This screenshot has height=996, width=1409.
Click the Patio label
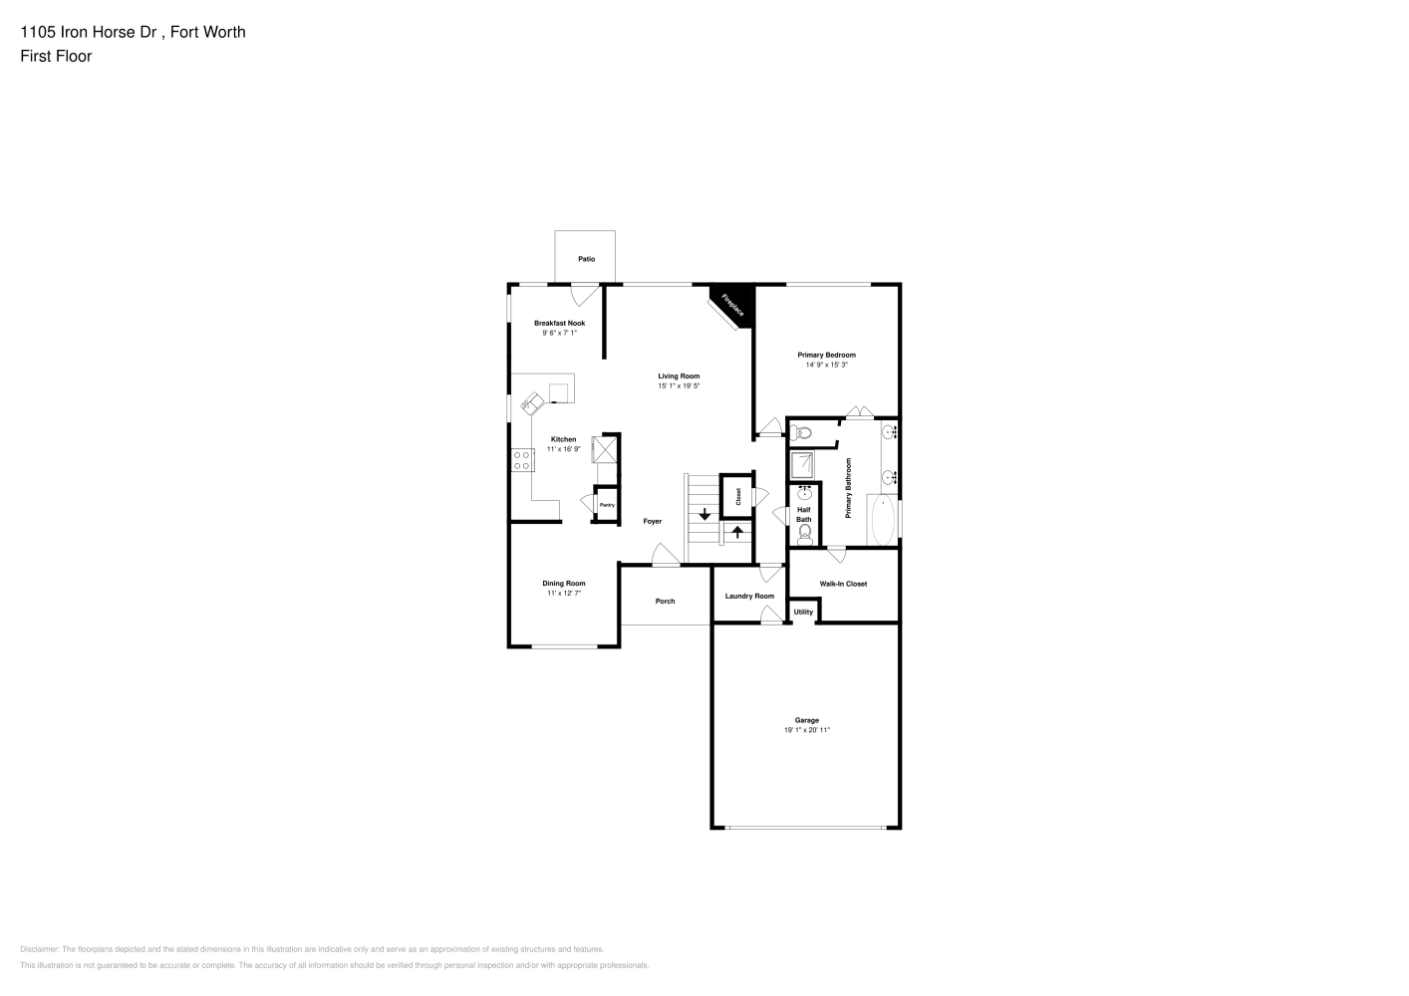(586, 259)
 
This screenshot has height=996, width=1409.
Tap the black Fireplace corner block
(736, 303)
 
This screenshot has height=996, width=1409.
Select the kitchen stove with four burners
(522, 460)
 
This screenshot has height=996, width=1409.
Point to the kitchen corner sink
(532, 403)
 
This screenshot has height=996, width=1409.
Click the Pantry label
(607, 505)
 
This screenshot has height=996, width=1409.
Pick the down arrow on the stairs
(704, 514)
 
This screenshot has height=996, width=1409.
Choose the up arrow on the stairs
(737, 532)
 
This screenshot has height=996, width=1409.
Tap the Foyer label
(653, 521)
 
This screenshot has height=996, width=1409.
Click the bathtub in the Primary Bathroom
(883, 520)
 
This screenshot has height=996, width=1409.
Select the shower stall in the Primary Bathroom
(802, 465)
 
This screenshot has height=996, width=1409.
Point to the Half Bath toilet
(804, 535)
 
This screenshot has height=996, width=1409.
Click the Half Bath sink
(804, 492)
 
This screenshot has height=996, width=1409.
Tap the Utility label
(803, 612)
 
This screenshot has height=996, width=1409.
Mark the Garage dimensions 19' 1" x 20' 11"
(807, 730)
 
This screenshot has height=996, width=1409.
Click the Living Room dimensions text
(679, 386)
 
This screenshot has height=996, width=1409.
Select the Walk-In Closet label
(843, 584)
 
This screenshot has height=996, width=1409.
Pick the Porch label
(665, 602)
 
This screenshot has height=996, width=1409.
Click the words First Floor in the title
(56, 57)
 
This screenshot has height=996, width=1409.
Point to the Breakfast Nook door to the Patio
(585, 296)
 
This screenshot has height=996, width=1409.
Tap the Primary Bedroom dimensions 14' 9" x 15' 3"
(826, 365)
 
